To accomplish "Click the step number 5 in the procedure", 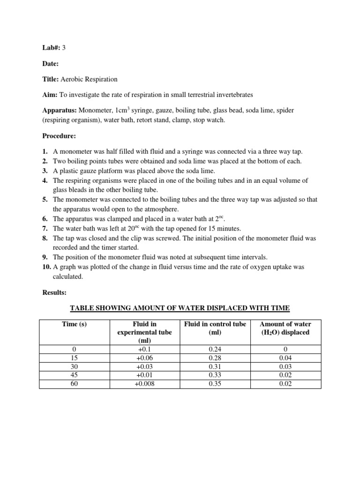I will (x=45, y=199).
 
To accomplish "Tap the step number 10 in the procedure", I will (x=46, y=267).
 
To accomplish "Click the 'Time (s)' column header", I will (x=74, y=324).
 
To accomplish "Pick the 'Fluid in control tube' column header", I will (x=215, y=324).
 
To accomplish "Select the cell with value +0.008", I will (x=144, y=384).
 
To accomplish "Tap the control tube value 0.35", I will (x=215, y=384).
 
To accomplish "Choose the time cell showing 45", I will (x=74, y=375).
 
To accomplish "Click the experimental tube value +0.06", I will (x=144, y=358).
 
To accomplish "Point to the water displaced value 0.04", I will (x=285, y=358).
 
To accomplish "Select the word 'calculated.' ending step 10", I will (x=69, y=277).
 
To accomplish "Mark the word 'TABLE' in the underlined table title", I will (x=83, y=308).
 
